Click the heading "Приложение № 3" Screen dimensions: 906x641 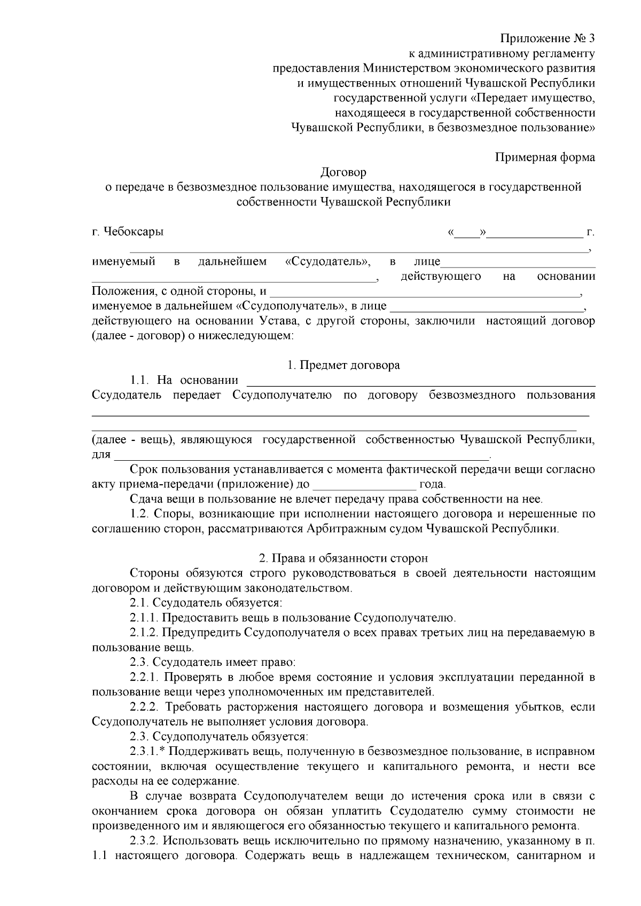[x=547, y=38]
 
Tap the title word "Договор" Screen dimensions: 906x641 [x=343, y=172]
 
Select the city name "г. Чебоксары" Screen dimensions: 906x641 [x=128, y=232]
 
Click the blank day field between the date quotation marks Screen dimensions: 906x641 [x=467, y=233]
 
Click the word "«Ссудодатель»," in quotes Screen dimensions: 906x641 [x=329, y=262]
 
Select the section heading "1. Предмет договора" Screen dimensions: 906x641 [x=343, y=365]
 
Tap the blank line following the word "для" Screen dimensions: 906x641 [x=302, y=456]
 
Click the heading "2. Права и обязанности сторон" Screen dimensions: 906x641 [x=343, y=558]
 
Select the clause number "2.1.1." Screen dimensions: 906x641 [x=144, y=618]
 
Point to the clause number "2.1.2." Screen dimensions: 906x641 [x=144, y=633]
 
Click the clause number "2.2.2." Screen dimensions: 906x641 [x=144, y=707]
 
